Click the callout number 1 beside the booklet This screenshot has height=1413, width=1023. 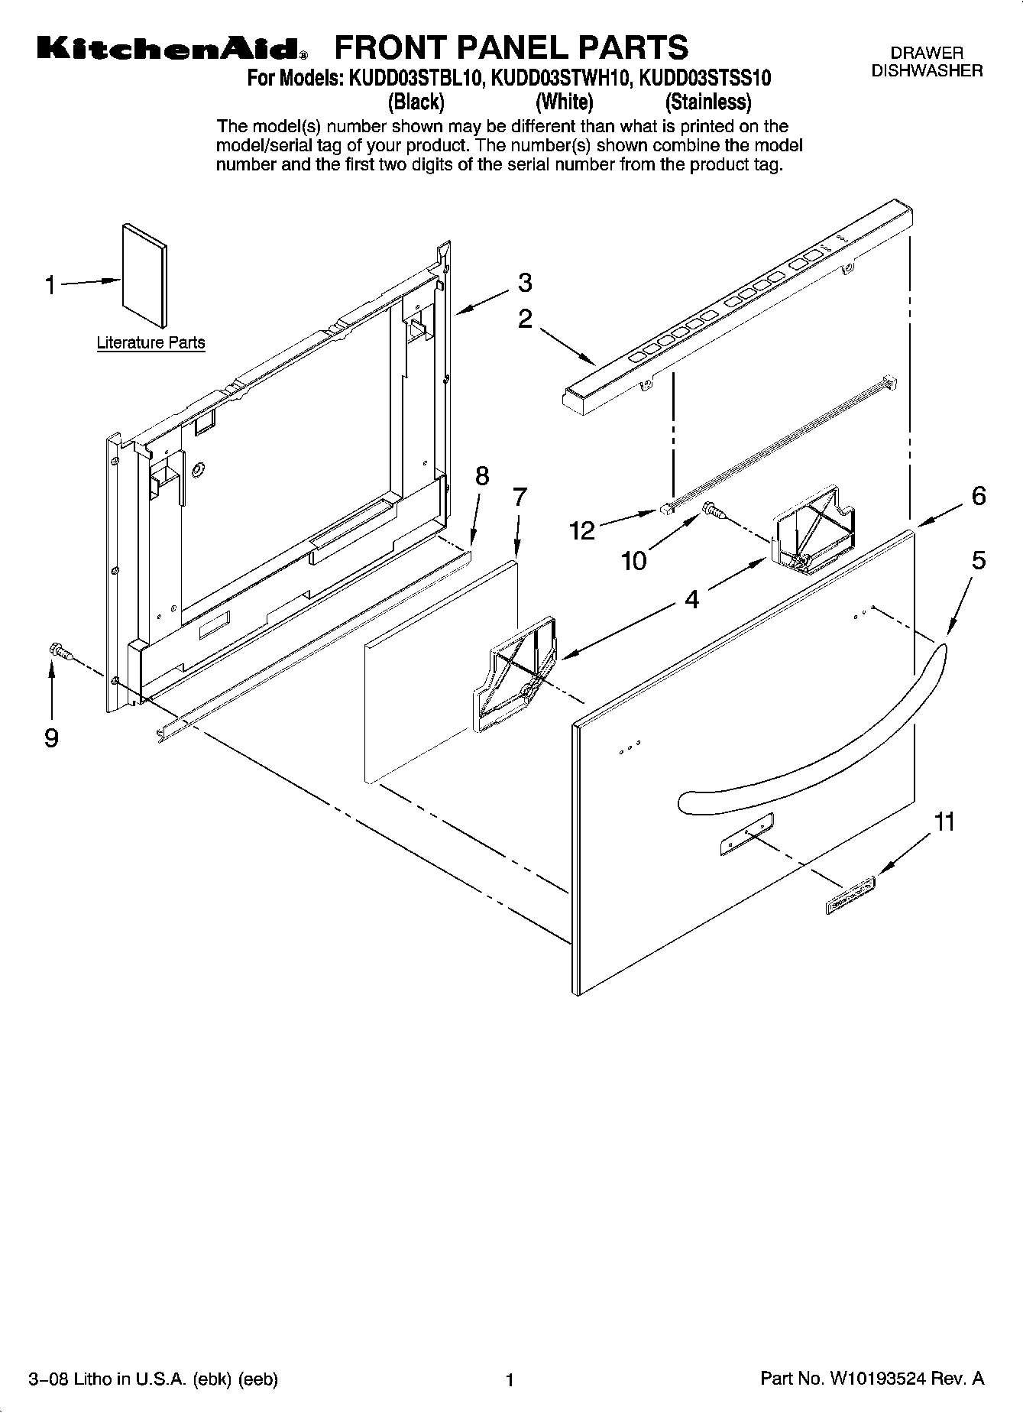tap(50, 286)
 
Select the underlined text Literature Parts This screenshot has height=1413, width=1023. tap(151, 342)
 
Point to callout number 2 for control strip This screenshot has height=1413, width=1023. tap(525, 319)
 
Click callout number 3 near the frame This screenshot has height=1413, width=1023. tap(525, 283)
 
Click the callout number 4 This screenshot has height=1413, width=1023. tap(691, 600)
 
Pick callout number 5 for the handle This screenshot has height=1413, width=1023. tap(979, 561)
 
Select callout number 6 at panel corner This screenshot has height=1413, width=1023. tap(979, 496)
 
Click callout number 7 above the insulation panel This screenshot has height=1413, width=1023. tap(520, 497)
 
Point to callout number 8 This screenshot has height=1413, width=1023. tap(482, 476)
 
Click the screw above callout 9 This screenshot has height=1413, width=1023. tap(59, 651)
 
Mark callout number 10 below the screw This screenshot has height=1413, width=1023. tap(633, 562)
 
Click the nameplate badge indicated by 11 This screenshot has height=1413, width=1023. tap(850, 894)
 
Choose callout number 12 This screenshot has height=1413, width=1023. tap(583, 530)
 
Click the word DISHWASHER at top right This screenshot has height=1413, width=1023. tap(927, 70)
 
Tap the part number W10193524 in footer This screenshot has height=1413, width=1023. tap(878, 1379)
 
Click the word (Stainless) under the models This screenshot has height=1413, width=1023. tap(708, 102)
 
